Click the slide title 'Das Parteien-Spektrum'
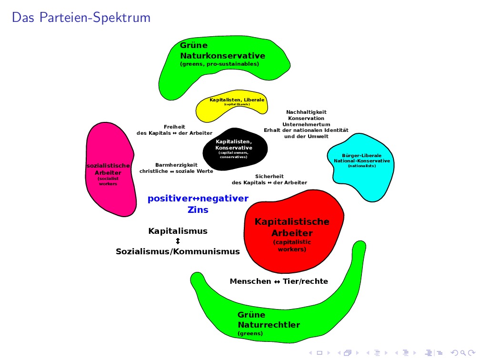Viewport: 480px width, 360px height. [81, 18]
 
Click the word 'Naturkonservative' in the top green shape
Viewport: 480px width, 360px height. [222, 56]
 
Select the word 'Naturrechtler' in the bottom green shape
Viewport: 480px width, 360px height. [269, 325]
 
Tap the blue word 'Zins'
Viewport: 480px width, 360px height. [198, 210]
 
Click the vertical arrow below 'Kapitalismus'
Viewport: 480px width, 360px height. [178, 241]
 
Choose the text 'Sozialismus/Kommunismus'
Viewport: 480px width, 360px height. [178, 251]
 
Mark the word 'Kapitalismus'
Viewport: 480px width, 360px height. [178, 231]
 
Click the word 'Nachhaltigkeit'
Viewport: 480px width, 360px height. [306, 112]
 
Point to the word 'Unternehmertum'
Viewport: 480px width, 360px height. [306, 124]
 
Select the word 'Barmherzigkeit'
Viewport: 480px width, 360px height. [176, 165]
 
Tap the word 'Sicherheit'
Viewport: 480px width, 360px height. [269, 176]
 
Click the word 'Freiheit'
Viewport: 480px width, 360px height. [174, 127]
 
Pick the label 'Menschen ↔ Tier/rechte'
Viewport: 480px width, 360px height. [279, 281]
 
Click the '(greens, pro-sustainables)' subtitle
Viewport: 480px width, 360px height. [219, 64]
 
